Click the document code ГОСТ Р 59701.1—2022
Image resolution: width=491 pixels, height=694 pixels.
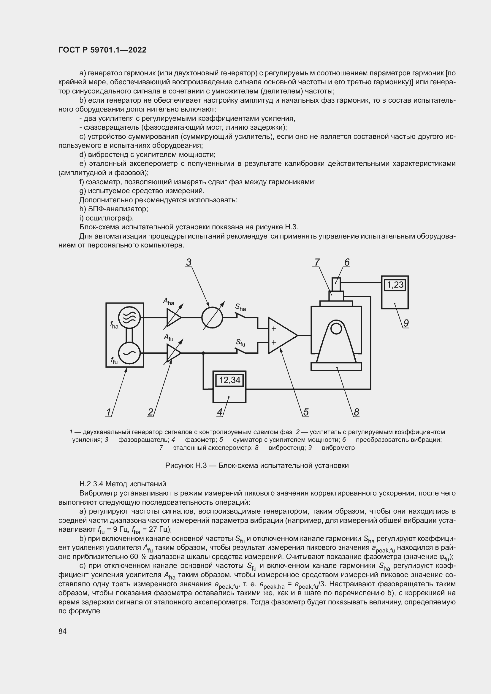tap(102, 50)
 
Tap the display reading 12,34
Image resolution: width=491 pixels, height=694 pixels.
tap(229, 380)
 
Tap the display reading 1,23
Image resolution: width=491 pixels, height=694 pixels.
tap(395, 285)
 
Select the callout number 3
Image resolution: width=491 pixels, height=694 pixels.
tap(189, 262)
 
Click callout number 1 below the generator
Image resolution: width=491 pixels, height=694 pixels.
tap(108, 412)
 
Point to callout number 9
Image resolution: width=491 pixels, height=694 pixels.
tap(406, 323)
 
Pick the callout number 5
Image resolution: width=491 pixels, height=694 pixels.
tap(306, 412)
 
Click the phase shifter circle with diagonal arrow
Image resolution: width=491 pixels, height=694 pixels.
tap(212, 318)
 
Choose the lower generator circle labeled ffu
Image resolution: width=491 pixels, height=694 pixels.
tap(129, 353)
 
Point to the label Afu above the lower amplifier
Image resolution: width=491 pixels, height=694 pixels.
tap(168, 337)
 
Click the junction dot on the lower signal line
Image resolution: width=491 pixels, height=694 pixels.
tap(203, 353)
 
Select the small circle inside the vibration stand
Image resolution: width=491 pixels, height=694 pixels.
tap(336, 328)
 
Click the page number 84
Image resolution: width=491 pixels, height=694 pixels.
tap(63, 631)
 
